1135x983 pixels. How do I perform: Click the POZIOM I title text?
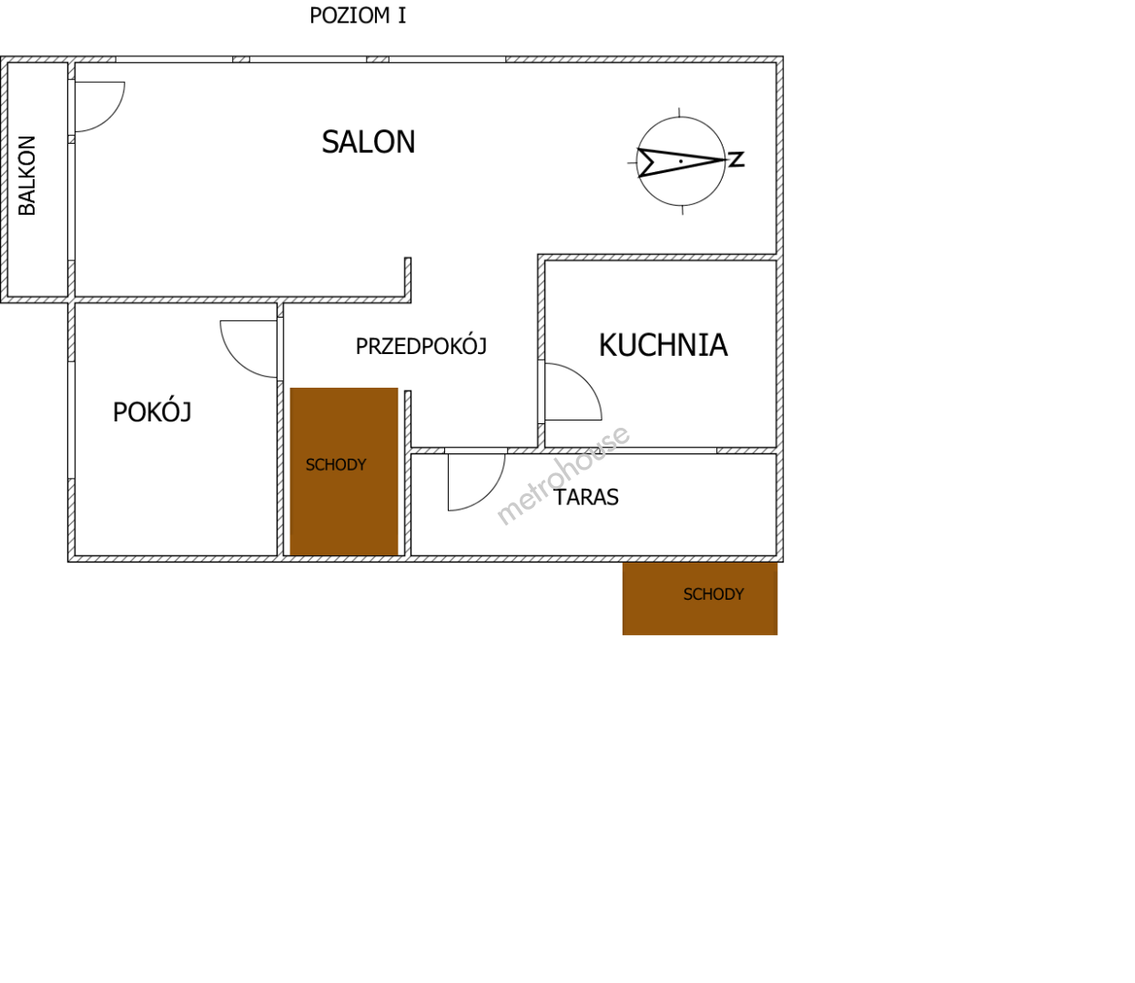(x=358, y=15)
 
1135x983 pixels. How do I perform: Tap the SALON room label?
(x=369, y=142)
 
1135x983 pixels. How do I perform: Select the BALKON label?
(x=27, y=175)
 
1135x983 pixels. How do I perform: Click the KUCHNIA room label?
(x=663, y=345)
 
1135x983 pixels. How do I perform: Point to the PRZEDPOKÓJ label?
(x=421, y=346)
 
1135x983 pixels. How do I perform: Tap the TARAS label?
(x=586, y=498)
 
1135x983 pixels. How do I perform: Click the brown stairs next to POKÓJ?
(x=344, y=471)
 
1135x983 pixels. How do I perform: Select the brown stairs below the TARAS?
(x=700, y=599)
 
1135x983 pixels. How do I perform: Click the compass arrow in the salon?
(x=681, y=162)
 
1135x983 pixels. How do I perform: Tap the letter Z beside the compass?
(x=736, y=159)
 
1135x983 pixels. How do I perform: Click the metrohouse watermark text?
(x=562, y=475)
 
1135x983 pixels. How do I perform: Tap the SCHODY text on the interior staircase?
(x=336, y=465)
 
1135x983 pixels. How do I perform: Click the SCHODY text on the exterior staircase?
(x=714, y=594)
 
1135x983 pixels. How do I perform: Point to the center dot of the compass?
(x=681, y=161)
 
